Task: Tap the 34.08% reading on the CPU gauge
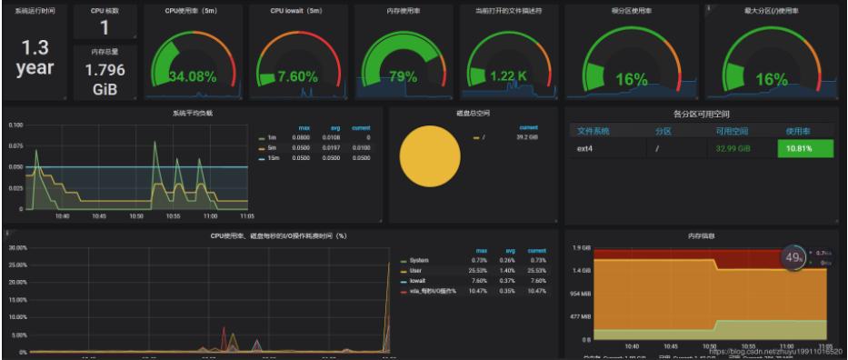pos(192,76)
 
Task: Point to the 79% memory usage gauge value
pos(404,76)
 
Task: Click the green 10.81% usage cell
pos(804,148)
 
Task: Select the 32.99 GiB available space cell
pos(732,148)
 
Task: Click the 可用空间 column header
pos(732,131)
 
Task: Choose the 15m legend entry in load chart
pos(271,158)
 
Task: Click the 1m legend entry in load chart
pos(271,137)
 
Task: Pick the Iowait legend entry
pos(419,281)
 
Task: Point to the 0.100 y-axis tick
pos(15,124)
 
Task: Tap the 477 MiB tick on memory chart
pos(580,318)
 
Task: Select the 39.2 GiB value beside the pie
pos(527,137)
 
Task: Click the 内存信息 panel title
pos(701,235)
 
